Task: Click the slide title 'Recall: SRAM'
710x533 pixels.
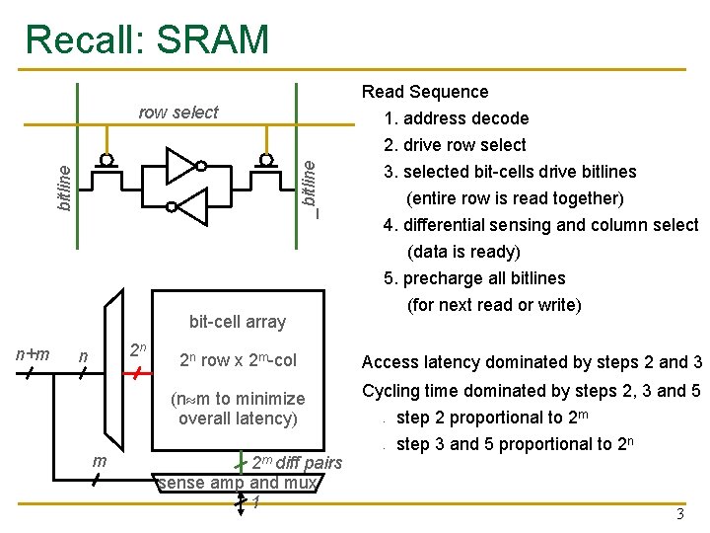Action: (147, 38)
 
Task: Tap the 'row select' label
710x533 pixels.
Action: (177, 113)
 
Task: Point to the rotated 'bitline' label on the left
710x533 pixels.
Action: (63, 187)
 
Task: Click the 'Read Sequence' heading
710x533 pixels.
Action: (424, 92)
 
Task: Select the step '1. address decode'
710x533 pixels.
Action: (457, 118)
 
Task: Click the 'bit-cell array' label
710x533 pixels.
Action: (237, 322)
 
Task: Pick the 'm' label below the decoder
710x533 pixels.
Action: (99, 462)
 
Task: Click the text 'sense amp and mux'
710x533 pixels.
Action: (237, 483)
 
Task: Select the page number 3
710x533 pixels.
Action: (678, 513)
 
